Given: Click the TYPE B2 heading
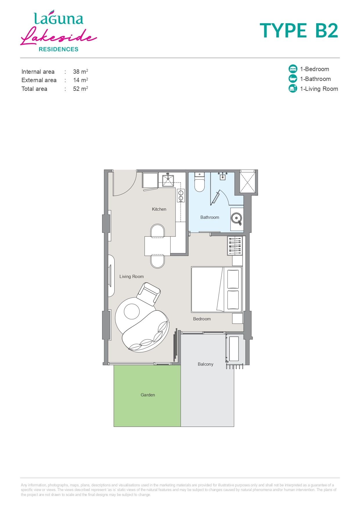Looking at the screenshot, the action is (x=299, y=31).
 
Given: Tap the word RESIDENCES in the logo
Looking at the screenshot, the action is (x=59, y=49).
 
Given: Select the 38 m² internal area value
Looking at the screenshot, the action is (x=80, y=71).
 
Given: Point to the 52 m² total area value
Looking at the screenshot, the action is (x=80, y=89).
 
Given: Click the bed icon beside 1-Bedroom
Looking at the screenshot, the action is (x=293, y=69).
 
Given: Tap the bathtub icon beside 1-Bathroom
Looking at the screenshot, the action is (x=293, y=79).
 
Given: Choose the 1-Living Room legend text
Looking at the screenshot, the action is (x=319, y=89).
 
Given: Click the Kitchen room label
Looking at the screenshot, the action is (x=159, y=209).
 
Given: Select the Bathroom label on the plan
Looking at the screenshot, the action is (x=210, y=217).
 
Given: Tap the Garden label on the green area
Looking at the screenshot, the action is (x=148, y=395).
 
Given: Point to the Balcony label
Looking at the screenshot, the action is (x=205, y=364).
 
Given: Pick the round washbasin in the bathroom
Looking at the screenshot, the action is (x=236, y=218).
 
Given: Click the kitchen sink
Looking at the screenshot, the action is (x=168, y=180).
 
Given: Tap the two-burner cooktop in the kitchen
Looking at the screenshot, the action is (x=181, y=195).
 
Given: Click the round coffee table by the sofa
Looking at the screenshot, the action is (x=132, y=311).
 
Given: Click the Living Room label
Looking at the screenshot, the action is (x=131, y=276).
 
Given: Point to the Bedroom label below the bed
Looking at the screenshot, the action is (x=202, y=319).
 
